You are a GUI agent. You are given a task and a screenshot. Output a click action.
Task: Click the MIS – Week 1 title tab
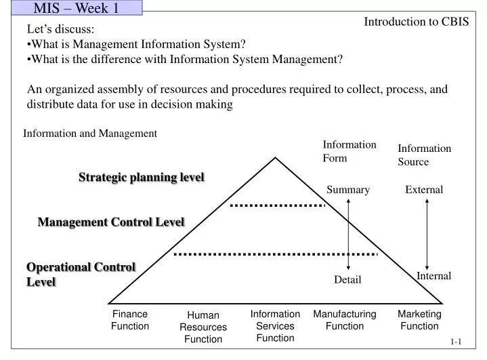pos(71,8)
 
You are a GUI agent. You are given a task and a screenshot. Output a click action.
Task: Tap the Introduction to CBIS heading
pos(416,21)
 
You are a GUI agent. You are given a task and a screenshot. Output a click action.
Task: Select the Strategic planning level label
pos(142,177)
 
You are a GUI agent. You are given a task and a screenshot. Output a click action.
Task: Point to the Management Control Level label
pos(111,222)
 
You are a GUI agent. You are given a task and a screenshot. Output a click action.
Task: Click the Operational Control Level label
pos(81,274)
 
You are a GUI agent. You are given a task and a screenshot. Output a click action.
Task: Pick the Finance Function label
pos(130,320)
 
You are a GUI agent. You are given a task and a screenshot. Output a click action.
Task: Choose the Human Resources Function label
pos(203,327)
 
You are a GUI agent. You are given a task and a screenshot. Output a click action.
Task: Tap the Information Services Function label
pos(275,325)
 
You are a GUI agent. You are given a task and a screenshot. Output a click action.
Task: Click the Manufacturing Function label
pos(344,320)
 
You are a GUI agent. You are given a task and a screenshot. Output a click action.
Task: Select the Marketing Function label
pos(419,320)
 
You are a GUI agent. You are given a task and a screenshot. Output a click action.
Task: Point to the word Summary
pos(348,190)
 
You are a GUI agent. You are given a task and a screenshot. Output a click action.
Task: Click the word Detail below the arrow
pos(347,280)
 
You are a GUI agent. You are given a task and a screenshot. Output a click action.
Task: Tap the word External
pos(424,190)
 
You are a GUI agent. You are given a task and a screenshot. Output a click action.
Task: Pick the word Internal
pos(433,276)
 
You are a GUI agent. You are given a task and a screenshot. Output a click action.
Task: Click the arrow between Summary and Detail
pos(348,235)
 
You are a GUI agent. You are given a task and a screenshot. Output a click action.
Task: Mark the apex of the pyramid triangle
pos(275,159)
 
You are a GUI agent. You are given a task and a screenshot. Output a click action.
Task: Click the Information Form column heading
pos(349,151)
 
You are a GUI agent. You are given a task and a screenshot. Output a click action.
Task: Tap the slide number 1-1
pos(455,343)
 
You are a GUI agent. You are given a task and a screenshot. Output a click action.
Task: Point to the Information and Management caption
pos(90,134)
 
